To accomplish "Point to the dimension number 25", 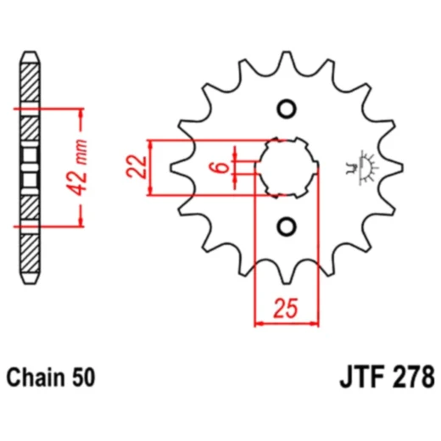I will click(x=287, y=309).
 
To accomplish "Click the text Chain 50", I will click(x=52, y=375).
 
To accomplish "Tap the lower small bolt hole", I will click(x=286, y=226).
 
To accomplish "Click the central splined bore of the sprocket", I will click(x=286, y=167).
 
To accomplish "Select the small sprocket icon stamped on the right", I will click(x=366, y=168).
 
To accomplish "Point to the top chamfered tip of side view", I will click(x=30, y=57).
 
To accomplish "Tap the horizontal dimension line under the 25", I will click(x=287, y=323).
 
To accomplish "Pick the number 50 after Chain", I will click(x=84, y=375).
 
